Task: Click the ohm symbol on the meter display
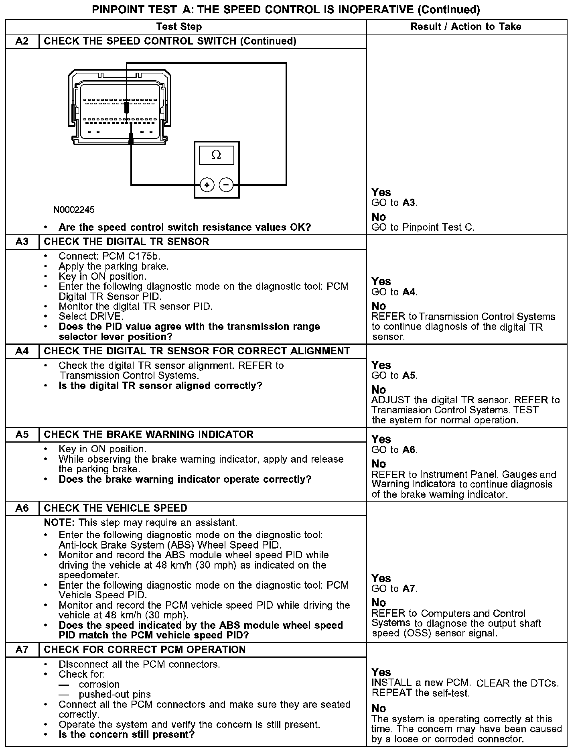[216, 155]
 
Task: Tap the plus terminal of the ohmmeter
[207, 185]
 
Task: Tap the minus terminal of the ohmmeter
[226, 185]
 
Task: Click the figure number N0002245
[74, 210]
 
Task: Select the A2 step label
[22, 41]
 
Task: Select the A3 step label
[22, 242]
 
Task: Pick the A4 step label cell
[22, 351]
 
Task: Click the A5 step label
[22, 435]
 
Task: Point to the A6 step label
[22, 508]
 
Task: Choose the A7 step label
[22, 650]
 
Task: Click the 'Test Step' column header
[179, 27]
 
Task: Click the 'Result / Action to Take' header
[466, 27]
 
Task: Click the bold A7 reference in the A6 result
[409, 589]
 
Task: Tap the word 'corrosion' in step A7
[99, 684]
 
